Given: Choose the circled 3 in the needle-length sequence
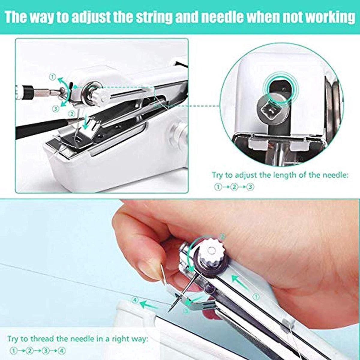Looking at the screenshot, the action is coord(250,187).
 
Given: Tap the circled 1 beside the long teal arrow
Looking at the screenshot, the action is coord(256,296).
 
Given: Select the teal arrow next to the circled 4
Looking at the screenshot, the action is coord(149,305).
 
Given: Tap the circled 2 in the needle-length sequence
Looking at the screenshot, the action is coord(234,187).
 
